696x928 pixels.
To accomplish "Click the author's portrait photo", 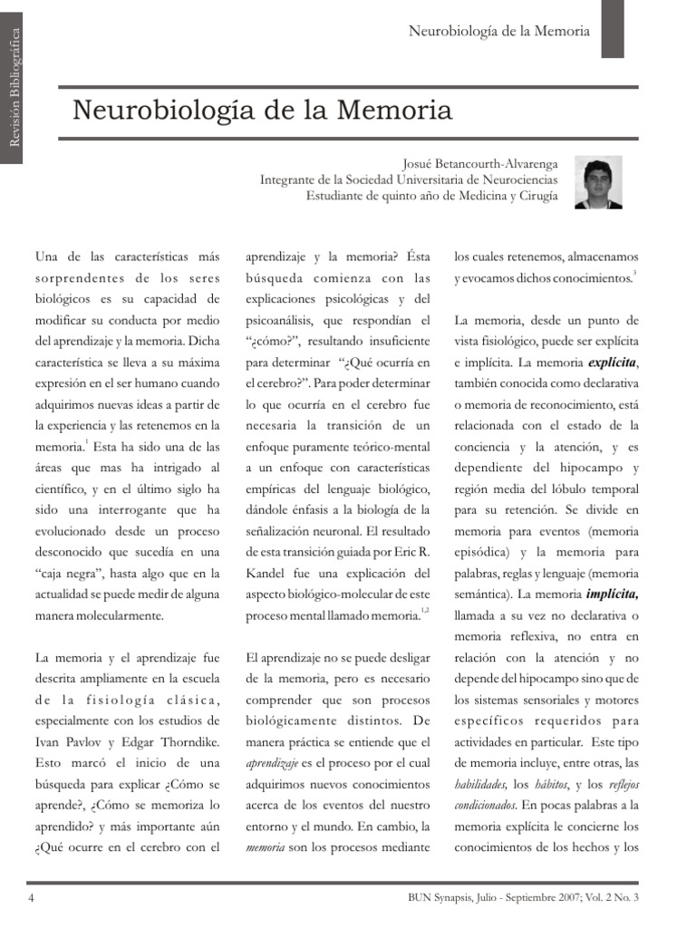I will click(x=598, y=182).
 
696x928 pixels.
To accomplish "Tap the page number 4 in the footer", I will click(x=32, y=897).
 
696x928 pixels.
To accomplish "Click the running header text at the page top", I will click(x=498, y=31).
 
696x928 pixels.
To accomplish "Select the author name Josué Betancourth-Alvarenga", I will click(x=480, y=164).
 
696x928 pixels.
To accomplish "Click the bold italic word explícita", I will click(x=613, y=362).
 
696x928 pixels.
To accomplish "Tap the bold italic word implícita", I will click(x=613, y=594).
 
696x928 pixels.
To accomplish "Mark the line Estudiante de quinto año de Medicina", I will click(x=431, y=196).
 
